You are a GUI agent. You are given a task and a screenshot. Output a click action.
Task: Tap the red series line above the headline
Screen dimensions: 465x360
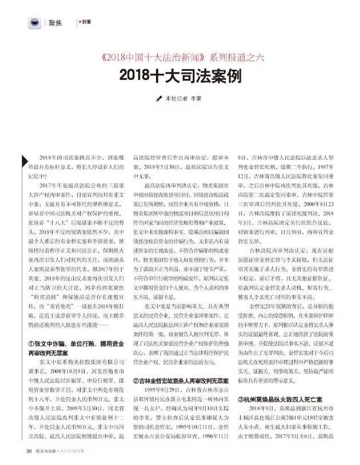coord(180,58)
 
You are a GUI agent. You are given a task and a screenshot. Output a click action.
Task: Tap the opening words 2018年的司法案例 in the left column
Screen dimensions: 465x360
coord(61,156)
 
